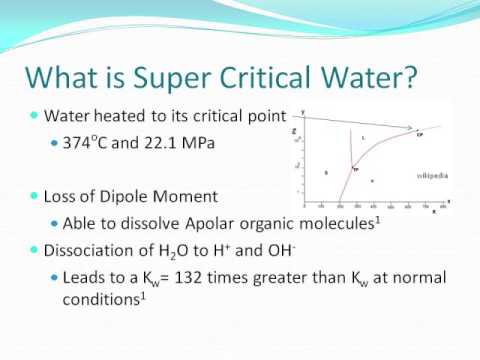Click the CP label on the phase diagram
click(419, 133)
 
